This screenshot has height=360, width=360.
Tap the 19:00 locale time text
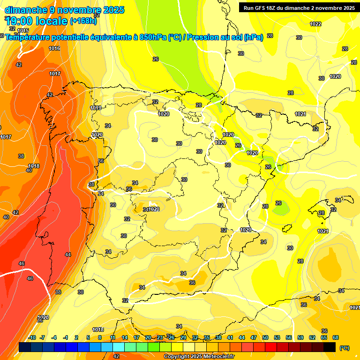pyautogui.click(x=37, y=21)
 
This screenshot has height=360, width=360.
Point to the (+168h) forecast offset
pyautogui.click(x=83, y=21)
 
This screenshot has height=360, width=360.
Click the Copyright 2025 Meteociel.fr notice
pyautogui.click(x=199, y=357)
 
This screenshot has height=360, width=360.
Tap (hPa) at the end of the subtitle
pyautogui.click(x=253, y=37)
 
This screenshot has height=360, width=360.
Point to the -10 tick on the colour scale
pyautogui.click(x=31, y=337)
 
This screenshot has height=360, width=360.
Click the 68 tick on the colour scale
pyautogui.click(x=336, y=337)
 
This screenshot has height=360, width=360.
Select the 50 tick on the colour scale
pyautogui.click(x=265, y=337)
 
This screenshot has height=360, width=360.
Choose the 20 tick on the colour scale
pyautogui.click(x=148, y=337)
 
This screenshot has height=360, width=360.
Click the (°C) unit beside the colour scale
pyautogui.click(x=344, y=348)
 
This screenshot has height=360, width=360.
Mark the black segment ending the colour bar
pyautogui.click(x=330, y=347)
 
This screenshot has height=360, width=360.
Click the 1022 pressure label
pyautogui.click(x=315, y=24)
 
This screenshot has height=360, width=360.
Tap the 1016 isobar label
pyautogui.click(x=54, y=49)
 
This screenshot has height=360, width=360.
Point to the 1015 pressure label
pyautogui.click(x=23, y=31)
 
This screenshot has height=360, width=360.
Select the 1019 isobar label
pyautogui.click(x=96, y=108)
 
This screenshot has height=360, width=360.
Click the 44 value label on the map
pyautogui.click(x=68, y=255)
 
